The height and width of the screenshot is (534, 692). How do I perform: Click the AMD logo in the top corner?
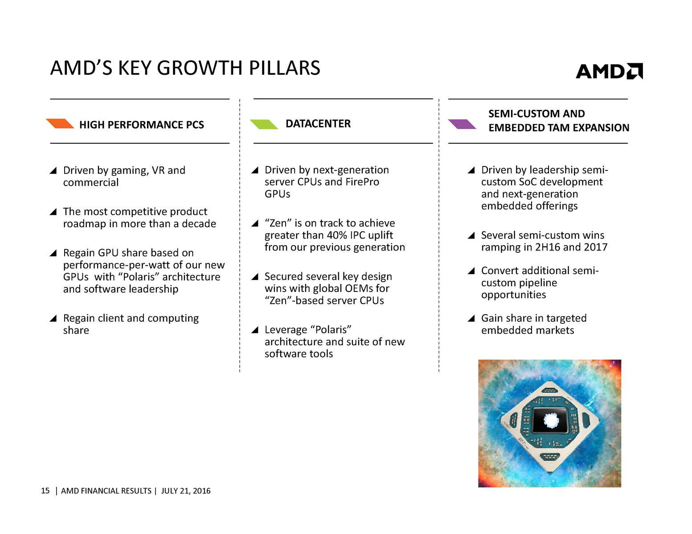tap(609, 71)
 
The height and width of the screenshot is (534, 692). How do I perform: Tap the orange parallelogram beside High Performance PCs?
tap(60, 123)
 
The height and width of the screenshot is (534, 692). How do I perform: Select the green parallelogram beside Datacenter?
tap(264, 124)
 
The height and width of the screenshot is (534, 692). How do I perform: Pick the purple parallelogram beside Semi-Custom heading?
tap(462, 124)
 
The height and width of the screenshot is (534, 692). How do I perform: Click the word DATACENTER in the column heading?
tap(318, 124)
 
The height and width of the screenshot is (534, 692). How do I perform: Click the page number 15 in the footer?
tap(45, 491)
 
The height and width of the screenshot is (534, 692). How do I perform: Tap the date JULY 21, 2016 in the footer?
tap(186, 491)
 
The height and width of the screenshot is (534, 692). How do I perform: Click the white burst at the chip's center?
tap(551, 421)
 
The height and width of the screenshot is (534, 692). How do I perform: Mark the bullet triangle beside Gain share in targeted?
tap(471, 318)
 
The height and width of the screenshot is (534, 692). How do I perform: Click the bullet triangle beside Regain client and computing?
tap(53, 318)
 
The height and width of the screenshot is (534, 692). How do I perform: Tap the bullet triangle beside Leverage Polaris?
tap(255, 330)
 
